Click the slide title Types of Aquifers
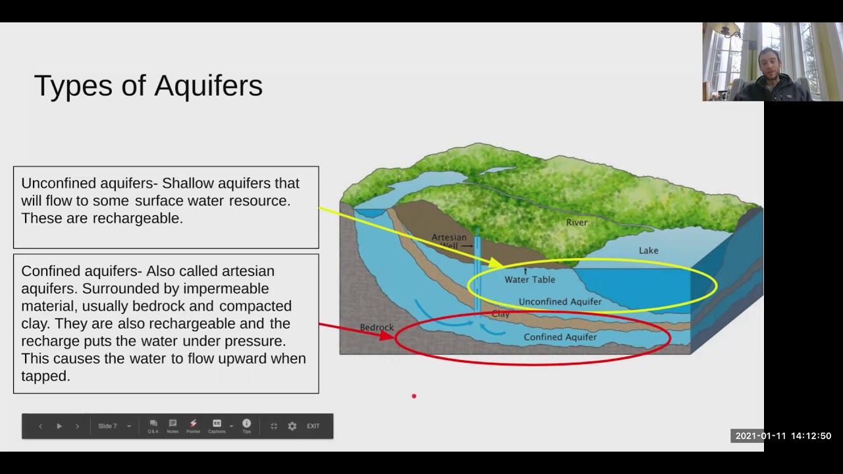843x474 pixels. point(148,86)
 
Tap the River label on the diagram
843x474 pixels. point(576,223)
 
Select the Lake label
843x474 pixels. point(648,251)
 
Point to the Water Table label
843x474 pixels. point(530,280)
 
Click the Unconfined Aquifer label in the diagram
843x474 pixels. point(560,302)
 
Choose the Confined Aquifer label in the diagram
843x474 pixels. point(560,337)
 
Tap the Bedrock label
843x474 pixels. point(377,327)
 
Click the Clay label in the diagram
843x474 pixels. point(501,314)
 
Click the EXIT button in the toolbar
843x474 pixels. point(313,426)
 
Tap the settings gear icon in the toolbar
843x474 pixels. point(292,426)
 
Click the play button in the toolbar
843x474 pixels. point(59,426)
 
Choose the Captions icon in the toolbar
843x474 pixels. point(217,426)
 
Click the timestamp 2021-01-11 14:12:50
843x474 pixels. point(783,436)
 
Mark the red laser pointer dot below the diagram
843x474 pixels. point(414,396)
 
